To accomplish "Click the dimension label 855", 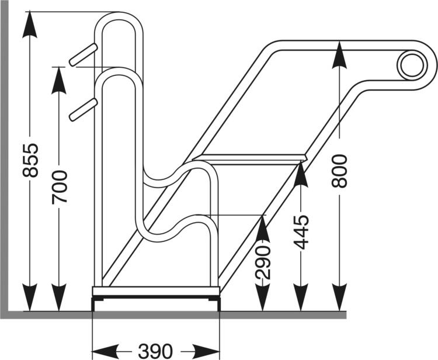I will [x=30, y=160].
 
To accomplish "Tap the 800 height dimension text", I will [x=339, y=171].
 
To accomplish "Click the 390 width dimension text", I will [x=156, y=351].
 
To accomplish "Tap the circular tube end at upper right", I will [x=411, y=65].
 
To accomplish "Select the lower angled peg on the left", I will [x=83, y=109].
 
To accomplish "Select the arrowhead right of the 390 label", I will [x=208, y=351].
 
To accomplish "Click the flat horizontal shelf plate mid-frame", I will [x=251, y=158].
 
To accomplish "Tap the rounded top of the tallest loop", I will [x=119, y=16].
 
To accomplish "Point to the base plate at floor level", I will [x=156, y=291].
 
